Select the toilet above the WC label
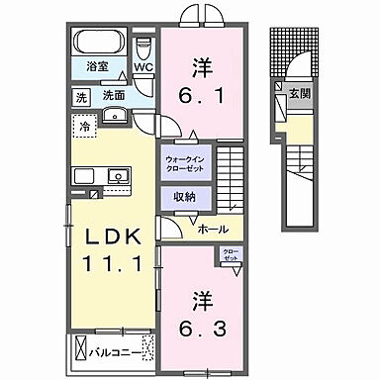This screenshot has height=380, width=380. point(144,48)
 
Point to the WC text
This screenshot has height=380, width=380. point(144,69)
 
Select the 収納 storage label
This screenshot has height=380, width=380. point(184,197)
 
